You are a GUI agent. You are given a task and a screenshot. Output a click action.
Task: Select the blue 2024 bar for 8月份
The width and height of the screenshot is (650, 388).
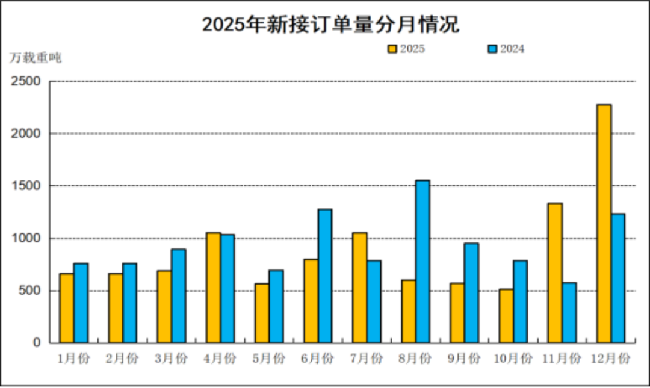point(422,262)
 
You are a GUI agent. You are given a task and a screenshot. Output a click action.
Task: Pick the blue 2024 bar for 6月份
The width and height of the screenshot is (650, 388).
point(325,276)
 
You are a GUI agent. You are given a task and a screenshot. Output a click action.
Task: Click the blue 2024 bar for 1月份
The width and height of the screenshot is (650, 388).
point(81,303)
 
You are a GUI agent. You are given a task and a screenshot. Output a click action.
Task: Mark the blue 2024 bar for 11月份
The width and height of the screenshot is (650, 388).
point(569,313)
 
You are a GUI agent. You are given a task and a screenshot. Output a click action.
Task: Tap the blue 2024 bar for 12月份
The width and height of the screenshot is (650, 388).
point(618,279)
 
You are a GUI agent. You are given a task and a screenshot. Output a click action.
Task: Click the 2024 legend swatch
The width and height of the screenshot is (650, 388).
point(492,49)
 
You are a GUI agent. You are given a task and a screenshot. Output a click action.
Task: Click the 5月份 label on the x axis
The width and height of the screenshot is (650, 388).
point(268,359)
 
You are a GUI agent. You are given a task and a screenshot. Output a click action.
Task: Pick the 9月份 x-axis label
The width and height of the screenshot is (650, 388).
point(464,359)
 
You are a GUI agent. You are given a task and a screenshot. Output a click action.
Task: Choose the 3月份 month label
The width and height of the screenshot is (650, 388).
point(171,359)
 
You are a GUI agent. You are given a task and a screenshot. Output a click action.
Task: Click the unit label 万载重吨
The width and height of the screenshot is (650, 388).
point(36,58)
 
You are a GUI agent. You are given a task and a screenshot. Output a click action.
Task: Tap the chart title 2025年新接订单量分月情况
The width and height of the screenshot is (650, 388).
point(330,25)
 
